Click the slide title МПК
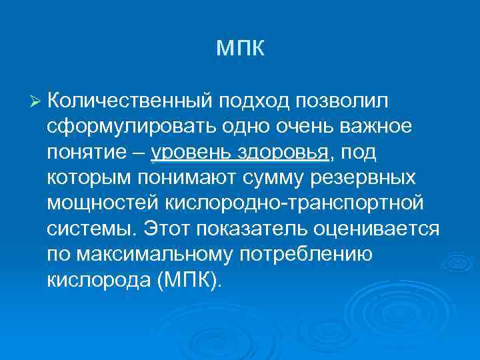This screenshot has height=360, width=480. tap(241, 49)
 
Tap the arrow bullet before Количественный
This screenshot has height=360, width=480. tap(36, 101)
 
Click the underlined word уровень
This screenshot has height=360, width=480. tap(189, 153)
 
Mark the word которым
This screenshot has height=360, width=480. tap(89, 178)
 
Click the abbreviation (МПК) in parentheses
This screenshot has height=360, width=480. tap(188, 280)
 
